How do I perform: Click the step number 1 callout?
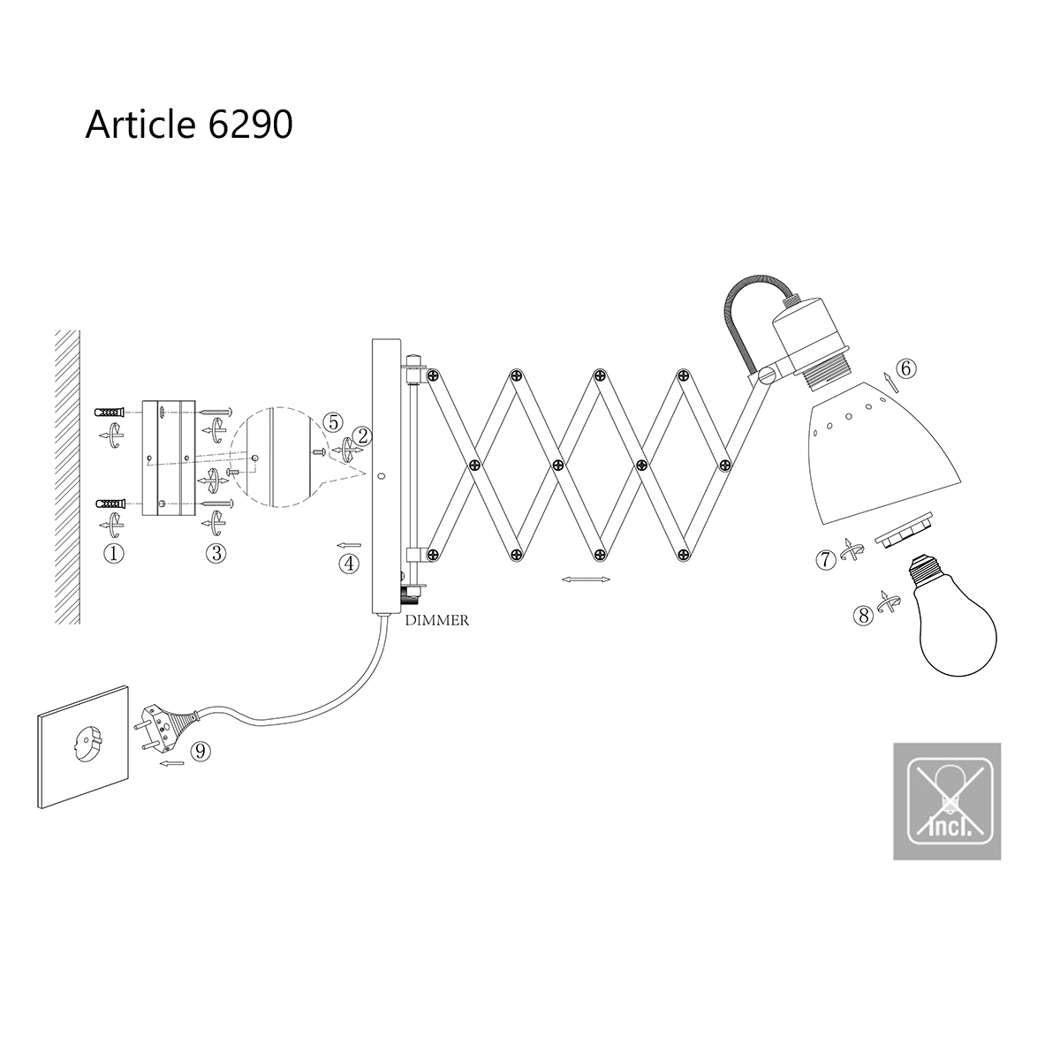tap(113, 554)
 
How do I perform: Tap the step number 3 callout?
tap(216, 554)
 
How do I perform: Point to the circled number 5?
tap(331, 422)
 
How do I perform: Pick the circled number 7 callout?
tap(827, 559)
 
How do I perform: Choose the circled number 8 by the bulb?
tap(863, 616)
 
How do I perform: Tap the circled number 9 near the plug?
tap(201, 751)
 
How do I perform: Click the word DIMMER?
tap(437, 621)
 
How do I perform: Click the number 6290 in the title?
tap(251, 125)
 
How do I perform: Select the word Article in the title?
tap(141, 125)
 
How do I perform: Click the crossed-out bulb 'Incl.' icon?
tap(947, 801)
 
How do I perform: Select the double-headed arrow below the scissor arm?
tap(587, 580)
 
